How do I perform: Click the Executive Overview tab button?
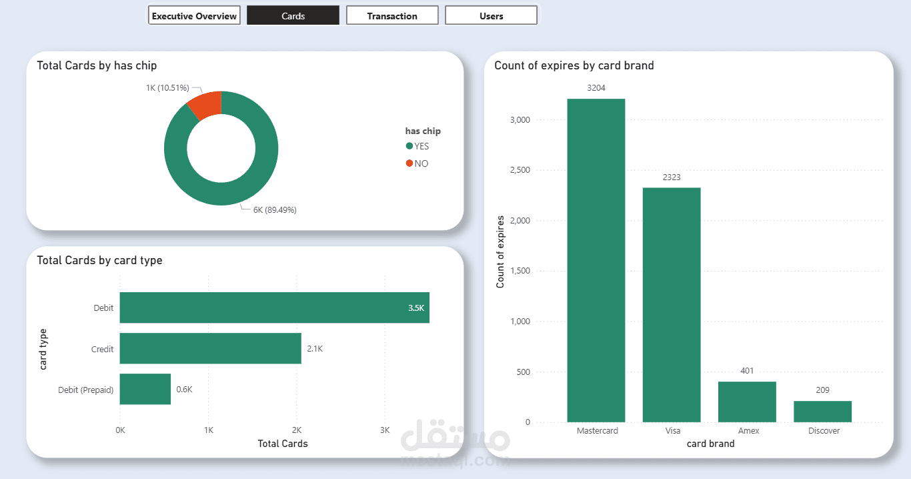tap(194, 15)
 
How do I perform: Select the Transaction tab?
tap(392, 15)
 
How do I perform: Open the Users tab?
tap(491, 15)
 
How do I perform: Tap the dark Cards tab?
tap(293, 15)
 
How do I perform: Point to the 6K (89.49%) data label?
tap(275, 209)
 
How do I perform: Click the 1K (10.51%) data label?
tap(167, 87)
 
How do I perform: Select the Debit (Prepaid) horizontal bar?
tap(145, 389)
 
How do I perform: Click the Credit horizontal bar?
tap(210, 348)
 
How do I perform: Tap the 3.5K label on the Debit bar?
tap(416, 308)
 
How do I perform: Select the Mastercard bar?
tap(596, 260)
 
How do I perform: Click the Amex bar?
tap(747, 402)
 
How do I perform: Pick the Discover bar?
tap(822, 411)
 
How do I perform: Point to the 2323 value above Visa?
tap(672, 177)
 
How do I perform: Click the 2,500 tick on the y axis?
tap(520, 170)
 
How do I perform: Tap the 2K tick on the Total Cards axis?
tap(297, 430)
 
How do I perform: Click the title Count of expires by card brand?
tap(574, 65)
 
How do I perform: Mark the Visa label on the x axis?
tap(672, 431)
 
